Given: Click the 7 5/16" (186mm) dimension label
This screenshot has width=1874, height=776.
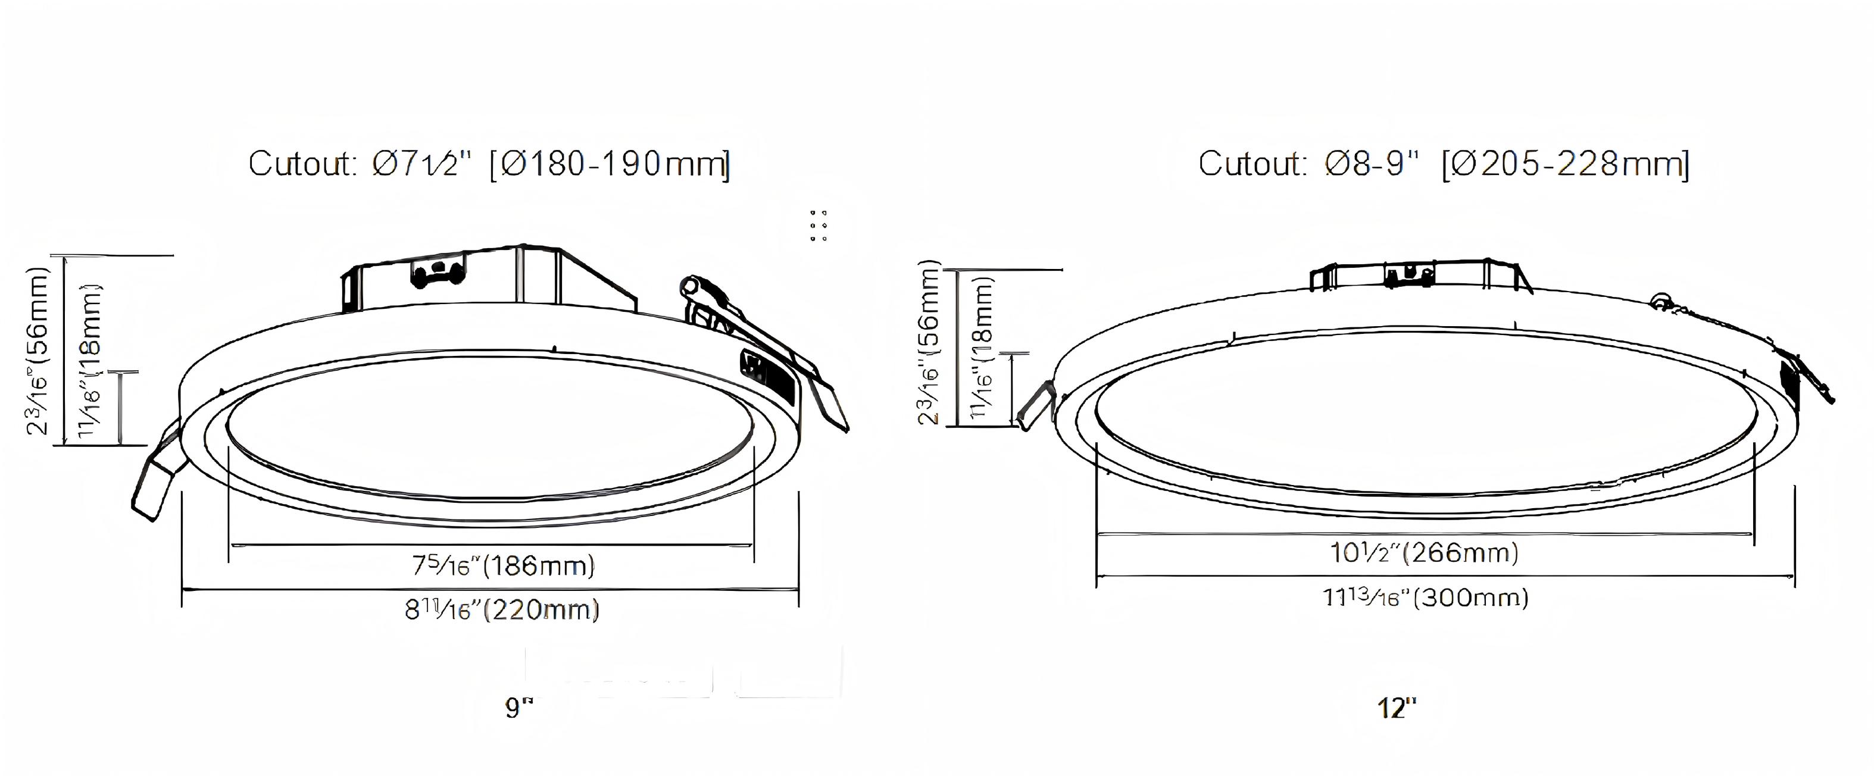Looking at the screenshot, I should click(504, 565).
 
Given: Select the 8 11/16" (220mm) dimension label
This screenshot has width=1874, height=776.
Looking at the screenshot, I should click(502, 609).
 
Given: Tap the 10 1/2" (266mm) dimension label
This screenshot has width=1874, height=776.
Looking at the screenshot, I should click(1425, 553).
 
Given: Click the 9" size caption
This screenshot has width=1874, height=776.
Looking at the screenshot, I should click(520, 707).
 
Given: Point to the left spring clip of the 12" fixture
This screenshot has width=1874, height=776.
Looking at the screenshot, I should click(1035, 406).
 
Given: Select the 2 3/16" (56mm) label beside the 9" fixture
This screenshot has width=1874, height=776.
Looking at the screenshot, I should click(38, 351).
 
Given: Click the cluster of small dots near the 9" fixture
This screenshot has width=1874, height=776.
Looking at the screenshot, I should click(819, 226).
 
